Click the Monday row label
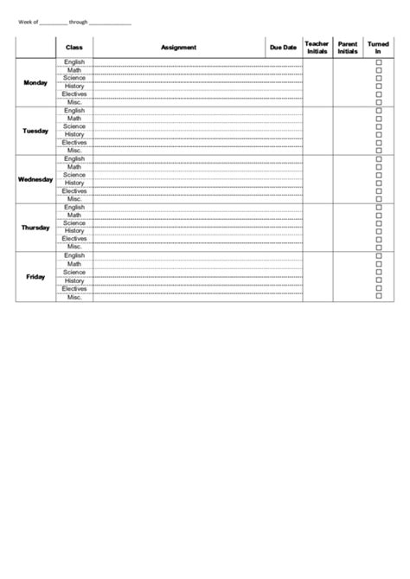coord(36,82)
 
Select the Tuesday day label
coord(35,131)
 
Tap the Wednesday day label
coord(35,179)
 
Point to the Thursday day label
coord(35,228)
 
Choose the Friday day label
coord(35,276)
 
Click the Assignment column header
coord(178,48)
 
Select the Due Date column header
coord(283,48)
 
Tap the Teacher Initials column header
coord(317,48)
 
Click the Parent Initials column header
coord(348,48)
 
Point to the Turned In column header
coord(378,48)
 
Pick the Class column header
coord(74,48)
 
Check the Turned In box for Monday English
coord(378,62)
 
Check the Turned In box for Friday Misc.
coord(378,297)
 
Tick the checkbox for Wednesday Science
coord(378,176)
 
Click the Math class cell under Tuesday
coord(74,119)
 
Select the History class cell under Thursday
coord(74,231)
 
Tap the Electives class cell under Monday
coord(74,94)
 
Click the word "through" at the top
coord(79,23)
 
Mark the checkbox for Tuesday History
coord(378,135)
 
